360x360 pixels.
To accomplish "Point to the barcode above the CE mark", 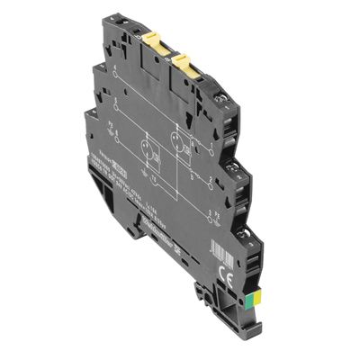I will [243, 243].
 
